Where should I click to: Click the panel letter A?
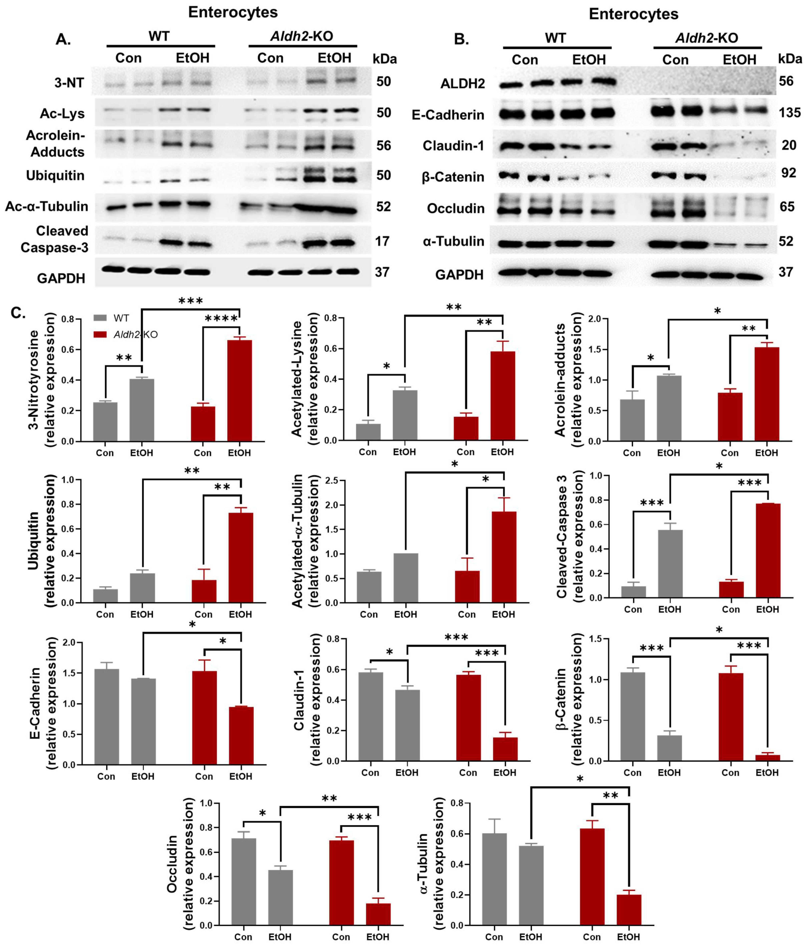[x=63, y=40]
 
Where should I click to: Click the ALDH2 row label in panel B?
[x=462, y=84]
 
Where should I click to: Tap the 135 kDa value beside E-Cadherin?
[x=790, y=113]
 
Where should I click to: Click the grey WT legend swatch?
[x=100, y=318]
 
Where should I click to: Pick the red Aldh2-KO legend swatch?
[x=100, y=334]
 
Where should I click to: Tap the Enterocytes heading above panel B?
[x=633, y=14]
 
